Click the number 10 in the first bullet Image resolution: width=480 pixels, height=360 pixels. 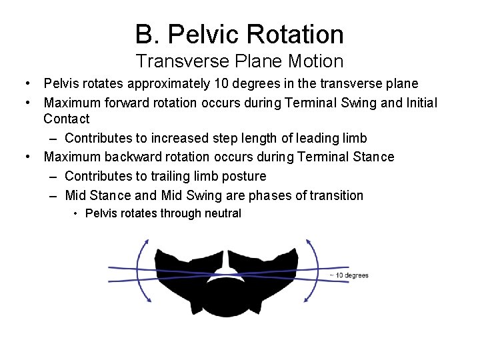pos(221,83)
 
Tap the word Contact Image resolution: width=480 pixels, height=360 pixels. pos(66,119)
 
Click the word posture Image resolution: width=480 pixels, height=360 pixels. pos(243,176)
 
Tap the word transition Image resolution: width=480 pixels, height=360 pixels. pos(332,195)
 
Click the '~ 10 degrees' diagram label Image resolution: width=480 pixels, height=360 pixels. pos(348,275)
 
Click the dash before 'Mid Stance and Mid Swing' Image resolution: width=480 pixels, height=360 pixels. pos(54,195)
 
